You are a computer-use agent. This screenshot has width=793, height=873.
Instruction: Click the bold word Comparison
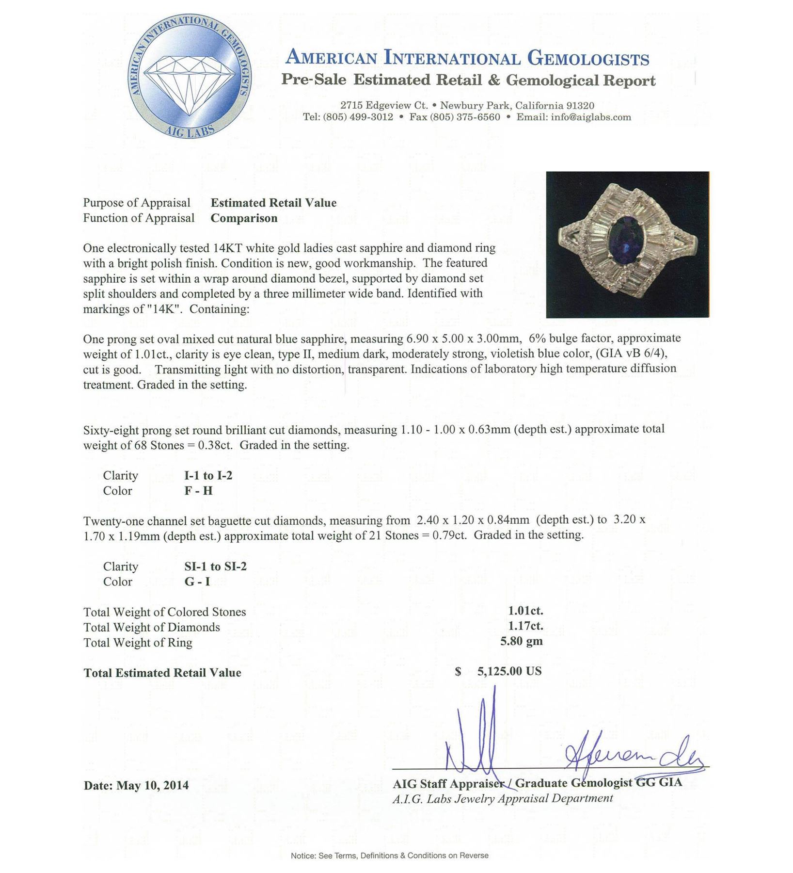pyautogui.click(x=244, y=218)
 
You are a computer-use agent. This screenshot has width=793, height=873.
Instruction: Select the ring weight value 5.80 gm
pyautogui.click(x=522, y=641)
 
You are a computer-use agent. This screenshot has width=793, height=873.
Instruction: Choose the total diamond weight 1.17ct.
pyautogui.click(x=526, y=626)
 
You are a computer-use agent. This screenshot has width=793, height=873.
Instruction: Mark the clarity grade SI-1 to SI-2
pyautogui.click(x=212, y=566)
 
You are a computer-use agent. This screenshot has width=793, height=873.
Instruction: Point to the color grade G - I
pyautogui.click(x=197, y=582)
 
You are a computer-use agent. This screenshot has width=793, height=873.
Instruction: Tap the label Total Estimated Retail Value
pyautogui.click(x=162, y=673)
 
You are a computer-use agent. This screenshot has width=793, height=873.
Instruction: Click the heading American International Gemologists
pyautogui.click(x=467, y=58)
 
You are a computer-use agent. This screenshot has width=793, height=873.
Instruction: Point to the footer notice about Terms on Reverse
pyautogui.click(x=390, y=856)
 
